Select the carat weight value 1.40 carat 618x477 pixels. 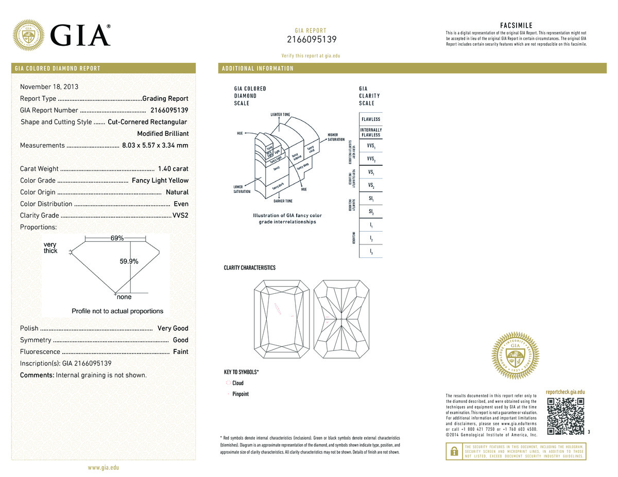(x=173, y=169)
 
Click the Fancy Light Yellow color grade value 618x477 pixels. (x=160, y=181)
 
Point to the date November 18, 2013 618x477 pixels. (x=49, y=87)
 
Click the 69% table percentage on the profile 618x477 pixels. (x=117, y=238)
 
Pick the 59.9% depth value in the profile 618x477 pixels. (x=129, y=261)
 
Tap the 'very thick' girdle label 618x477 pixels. (x=50, y=248)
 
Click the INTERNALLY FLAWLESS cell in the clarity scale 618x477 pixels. (x=371, y=132)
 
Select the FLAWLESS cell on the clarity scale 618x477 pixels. (x=371, y=119)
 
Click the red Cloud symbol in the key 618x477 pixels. (x=228, y=383)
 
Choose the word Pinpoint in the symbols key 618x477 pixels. (x=241, y=394)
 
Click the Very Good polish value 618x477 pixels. (x=173, y=328)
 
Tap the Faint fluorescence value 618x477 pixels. (x=180, y=352)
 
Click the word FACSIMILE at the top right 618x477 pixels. (x=516, y=25)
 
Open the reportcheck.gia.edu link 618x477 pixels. (x=565, y=392)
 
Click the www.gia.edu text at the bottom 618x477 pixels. (x=104, y=468)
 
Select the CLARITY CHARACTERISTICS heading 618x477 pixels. (x=249, y=268)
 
